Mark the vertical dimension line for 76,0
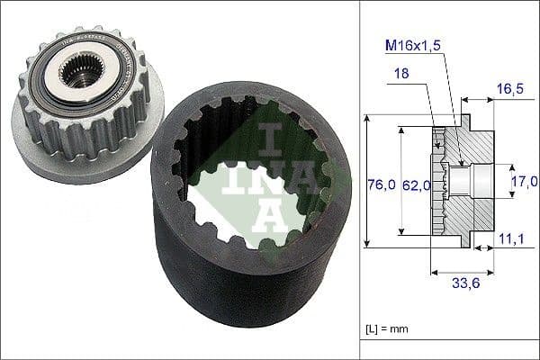point(367,180)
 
